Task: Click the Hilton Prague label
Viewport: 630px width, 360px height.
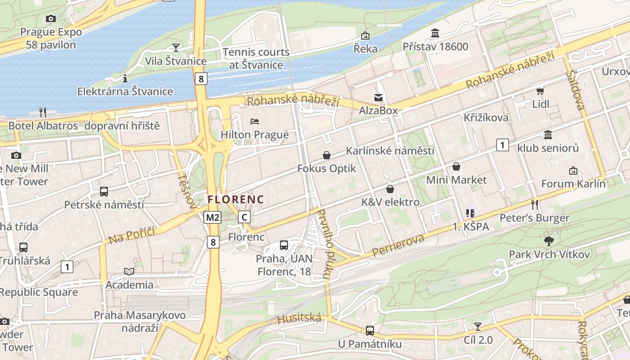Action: [254, 135]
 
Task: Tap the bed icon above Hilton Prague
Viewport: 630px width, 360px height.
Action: [254, 121]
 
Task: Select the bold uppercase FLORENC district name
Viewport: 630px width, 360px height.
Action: [236, 199]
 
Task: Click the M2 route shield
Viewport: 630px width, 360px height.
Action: [212, 218]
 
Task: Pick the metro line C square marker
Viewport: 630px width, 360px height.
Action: [244, 217]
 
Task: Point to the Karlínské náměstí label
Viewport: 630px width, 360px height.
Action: [390, 151]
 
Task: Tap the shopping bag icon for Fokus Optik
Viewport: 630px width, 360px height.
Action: [327, 155]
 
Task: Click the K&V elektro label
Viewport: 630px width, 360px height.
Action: [390, 202]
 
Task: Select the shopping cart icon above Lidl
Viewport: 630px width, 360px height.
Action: [540, 91]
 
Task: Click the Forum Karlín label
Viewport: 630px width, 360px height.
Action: [573, 184]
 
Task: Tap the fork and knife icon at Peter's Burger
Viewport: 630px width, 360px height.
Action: [535, 205]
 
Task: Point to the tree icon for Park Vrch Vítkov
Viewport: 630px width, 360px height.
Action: [549, 241]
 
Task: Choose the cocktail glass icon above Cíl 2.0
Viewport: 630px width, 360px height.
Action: [478, 327]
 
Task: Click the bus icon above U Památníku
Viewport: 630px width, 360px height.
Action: [369, 331]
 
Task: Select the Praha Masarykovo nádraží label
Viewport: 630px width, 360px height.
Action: [139, 321]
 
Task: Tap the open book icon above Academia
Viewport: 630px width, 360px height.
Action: [129, 271]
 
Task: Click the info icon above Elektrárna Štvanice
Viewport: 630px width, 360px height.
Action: [125, 79]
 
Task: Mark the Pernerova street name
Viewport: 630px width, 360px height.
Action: [399, 246]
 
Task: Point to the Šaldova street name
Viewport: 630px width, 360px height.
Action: [576, 90]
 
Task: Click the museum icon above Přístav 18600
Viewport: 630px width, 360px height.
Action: [435, 33]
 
